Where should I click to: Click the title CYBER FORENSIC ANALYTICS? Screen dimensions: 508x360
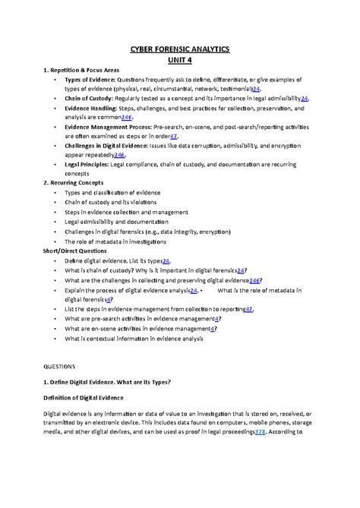click(x=179, y=49)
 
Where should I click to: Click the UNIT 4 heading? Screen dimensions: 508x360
click(x=179, y=60)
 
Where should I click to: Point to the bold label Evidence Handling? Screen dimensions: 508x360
click(x=89, y=109)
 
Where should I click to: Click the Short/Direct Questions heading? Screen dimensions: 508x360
click(x=74, y=250)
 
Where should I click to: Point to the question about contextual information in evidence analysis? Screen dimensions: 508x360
click(x=134, y=339)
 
